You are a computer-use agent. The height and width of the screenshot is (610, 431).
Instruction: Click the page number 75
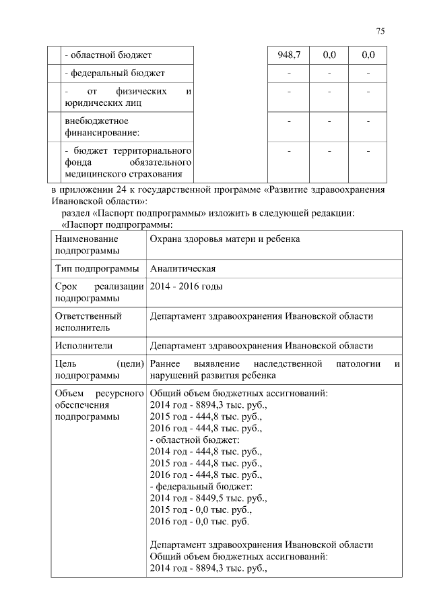(x=380, y=32)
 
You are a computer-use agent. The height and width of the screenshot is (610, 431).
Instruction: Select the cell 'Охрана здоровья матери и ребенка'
(x=224, y=239)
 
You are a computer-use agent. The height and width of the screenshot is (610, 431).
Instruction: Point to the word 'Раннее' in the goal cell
(x=166, y=364)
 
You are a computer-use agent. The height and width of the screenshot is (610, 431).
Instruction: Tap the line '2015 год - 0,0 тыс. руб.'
(x=205, y=510)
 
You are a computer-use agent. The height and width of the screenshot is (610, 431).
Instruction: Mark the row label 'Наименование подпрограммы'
(x=88, y=245)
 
